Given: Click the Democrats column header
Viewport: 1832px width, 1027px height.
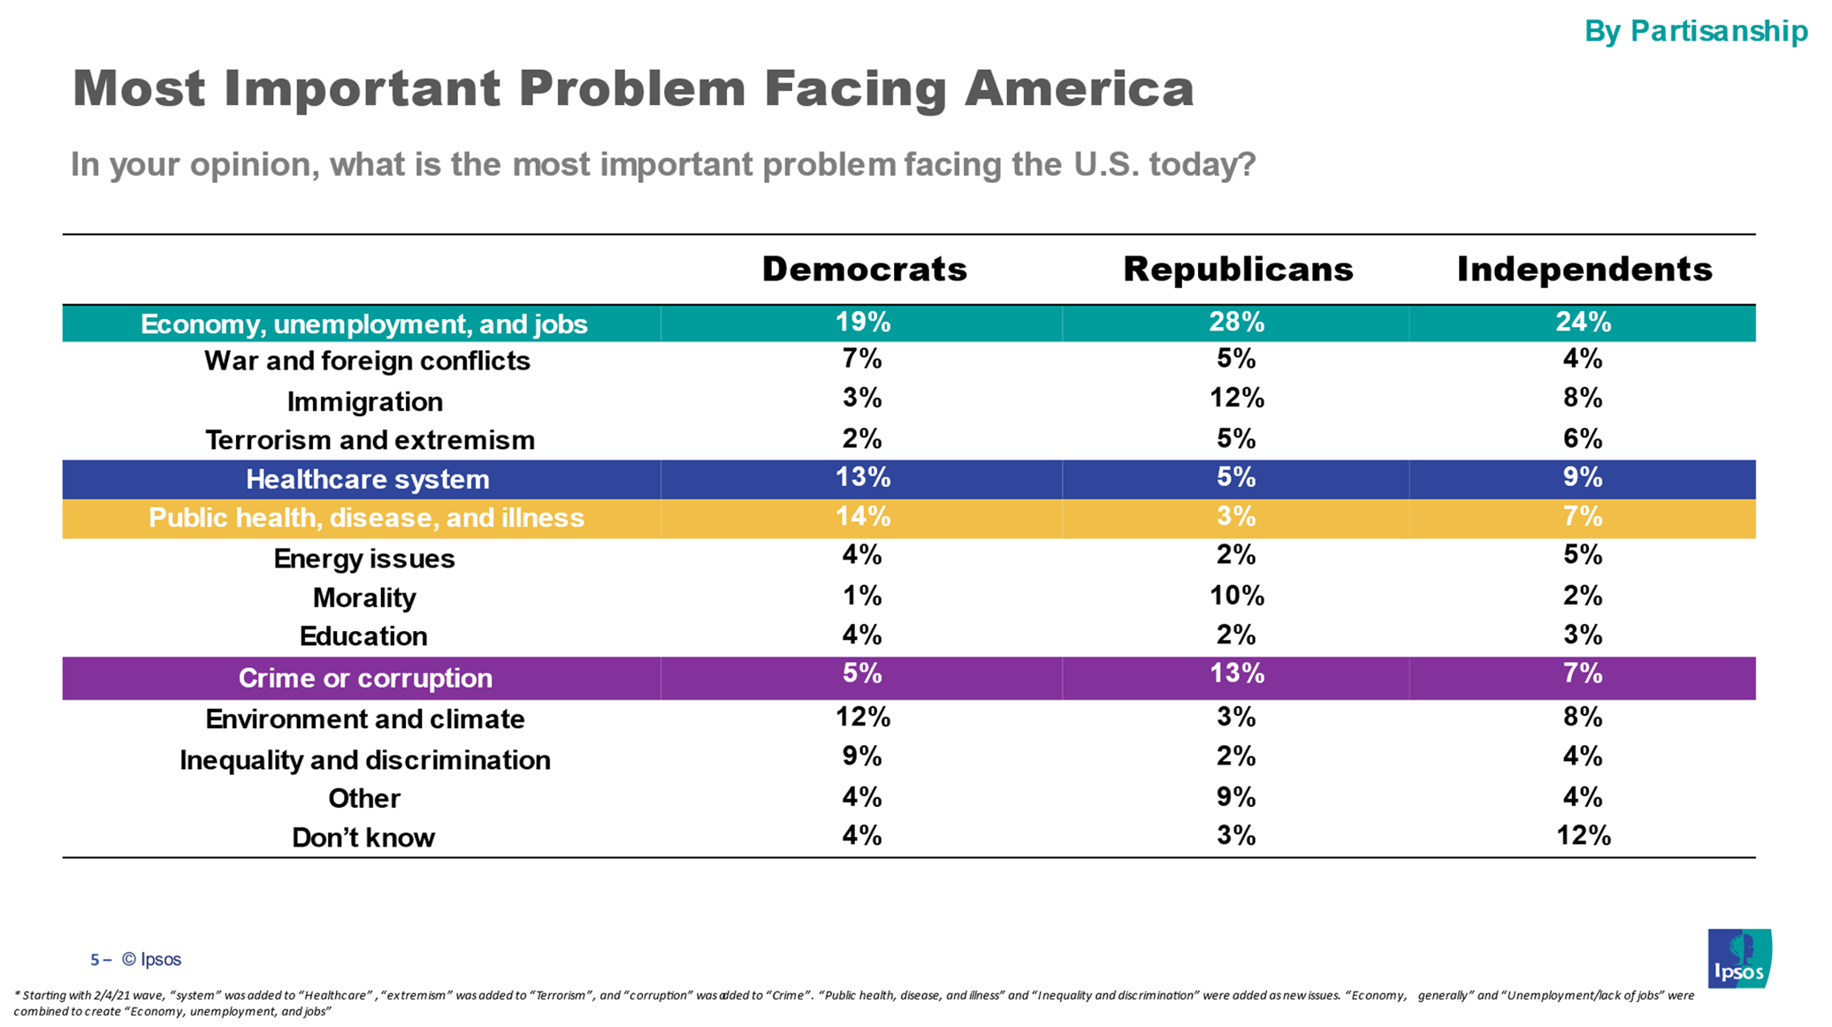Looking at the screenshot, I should [x=864, y=270].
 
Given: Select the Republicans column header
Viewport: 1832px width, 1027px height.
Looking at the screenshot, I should [x=1237, y=270].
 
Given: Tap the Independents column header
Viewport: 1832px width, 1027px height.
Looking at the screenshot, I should [x=1584, y=270].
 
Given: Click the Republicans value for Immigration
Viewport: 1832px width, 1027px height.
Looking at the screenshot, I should [x=1236, y=399].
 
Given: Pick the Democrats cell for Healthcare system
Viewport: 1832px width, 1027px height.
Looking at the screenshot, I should [x=863, y=478].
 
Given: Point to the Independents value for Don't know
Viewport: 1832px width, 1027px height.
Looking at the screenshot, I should [x=1583, y=836].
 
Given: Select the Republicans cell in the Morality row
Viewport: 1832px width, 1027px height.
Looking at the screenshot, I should [x=1236, y=597].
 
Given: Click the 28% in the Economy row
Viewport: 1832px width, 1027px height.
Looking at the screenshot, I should [x=1236, y=323].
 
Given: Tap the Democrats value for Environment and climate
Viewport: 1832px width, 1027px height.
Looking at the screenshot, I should [x=863, y=717].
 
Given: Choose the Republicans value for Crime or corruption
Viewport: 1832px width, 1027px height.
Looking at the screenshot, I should [x=1236, y=674].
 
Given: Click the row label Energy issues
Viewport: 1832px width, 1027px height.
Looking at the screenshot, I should [x=364, y=559].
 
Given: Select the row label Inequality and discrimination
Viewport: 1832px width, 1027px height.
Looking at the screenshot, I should [x=364, y=760].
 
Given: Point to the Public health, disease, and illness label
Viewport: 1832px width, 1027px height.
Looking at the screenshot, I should [x=366, y=518].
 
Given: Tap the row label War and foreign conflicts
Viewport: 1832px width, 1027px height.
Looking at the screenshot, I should [x=367, y=361].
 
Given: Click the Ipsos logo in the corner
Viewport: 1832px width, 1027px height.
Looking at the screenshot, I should [x=1739, y=958].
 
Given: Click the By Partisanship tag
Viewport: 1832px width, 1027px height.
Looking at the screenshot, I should [x=1695, y=31].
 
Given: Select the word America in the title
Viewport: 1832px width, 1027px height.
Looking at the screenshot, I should [x=1079, y=89].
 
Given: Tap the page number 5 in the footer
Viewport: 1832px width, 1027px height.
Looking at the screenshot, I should [x=95, y=960].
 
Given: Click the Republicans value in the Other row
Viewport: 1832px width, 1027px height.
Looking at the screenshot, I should [x=1236, y=798].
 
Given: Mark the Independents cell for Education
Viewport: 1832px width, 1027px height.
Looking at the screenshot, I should [x=1583, y=635].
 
